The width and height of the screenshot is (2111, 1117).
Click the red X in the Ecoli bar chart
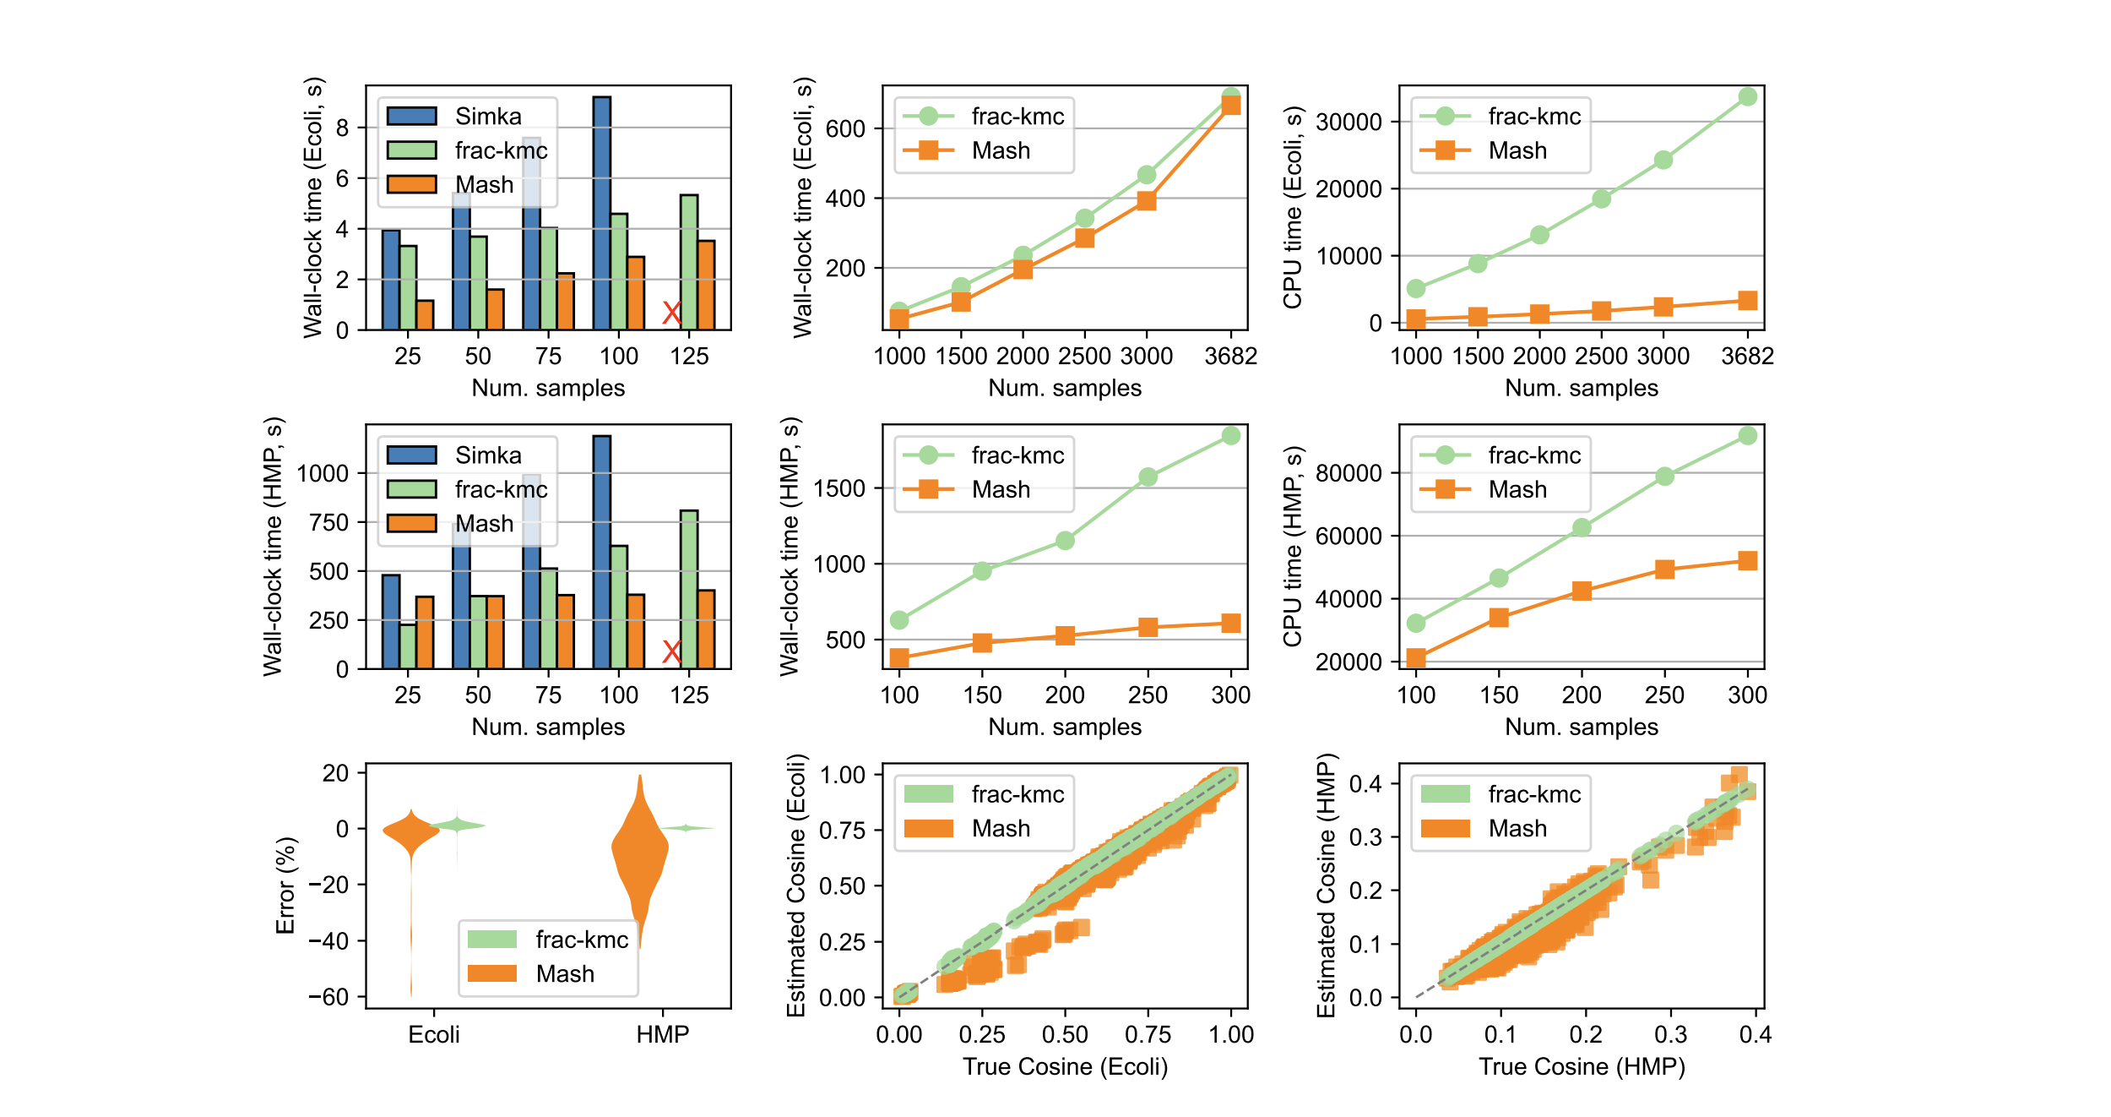click(671, 313)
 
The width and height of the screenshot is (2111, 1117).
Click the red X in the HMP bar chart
click(671, 651)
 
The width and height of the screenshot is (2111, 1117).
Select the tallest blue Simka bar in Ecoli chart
click(601, 211)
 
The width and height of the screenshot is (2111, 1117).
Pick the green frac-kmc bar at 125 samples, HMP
click(688, 590)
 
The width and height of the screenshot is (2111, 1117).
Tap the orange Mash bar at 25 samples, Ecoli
click(425, 315)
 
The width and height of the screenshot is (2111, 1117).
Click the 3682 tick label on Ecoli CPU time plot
click(1747, 357)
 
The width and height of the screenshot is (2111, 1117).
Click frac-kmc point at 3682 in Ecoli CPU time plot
click(1747, 97)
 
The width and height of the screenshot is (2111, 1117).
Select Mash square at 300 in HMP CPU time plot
click(1747, 561)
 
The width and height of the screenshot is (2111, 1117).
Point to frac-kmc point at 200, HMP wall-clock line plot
click(1065, 541)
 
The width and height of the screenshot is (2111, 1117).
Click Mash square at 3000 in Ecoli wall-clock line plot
click(1146, 201)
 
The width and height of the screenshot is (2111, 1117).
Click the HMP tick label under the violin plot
click(663, 1035)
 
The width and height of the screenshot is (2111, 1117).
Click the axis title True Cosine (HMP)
click(1582, 1066)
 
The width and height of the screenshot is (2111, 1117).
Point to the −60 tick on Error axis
click(329, 997)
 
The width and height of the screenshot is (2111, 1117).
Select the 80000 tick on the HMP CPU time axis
click(1349, 473)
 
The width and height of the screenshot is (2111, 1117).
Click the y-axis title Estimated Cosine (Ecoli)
click(796, 885)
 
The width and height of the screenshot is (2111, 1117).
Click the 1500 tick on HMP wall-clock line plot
click(838, 488)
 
